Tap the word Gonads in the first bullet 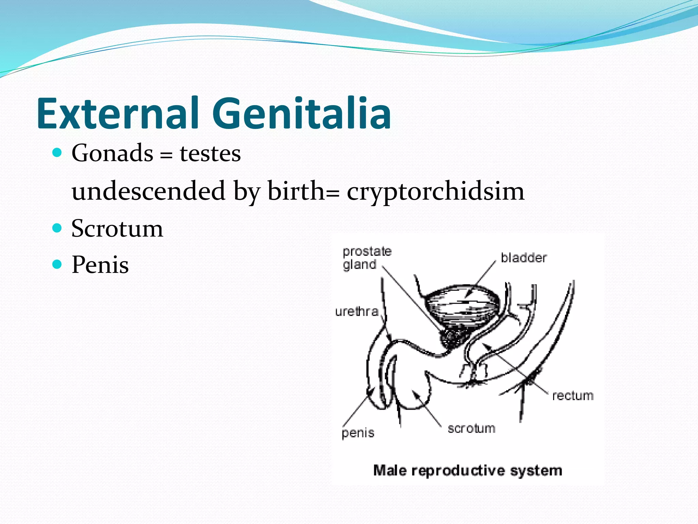(x=112, y=153)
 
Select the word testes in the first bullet (x=210, y=154)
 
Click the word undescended (x=148, y=191)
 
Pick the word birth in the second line (x=296, y=191)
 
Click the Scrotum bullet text (x=117, y=228)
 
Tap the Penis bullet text (x=100, y=265)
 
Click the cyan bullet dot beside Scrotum (x=57, y=228)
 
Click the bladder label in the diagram (x=523, y=258)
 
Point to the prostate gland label (x=366, y=258)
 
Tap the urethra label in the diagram (x=357, y=311)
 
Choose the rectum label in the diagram (x=573, y=396)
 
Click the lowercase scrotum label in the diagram (x=471, y=428)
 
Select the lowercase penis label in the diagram (x=358, y=433)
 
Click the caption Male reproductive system (x=467, y=471)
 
